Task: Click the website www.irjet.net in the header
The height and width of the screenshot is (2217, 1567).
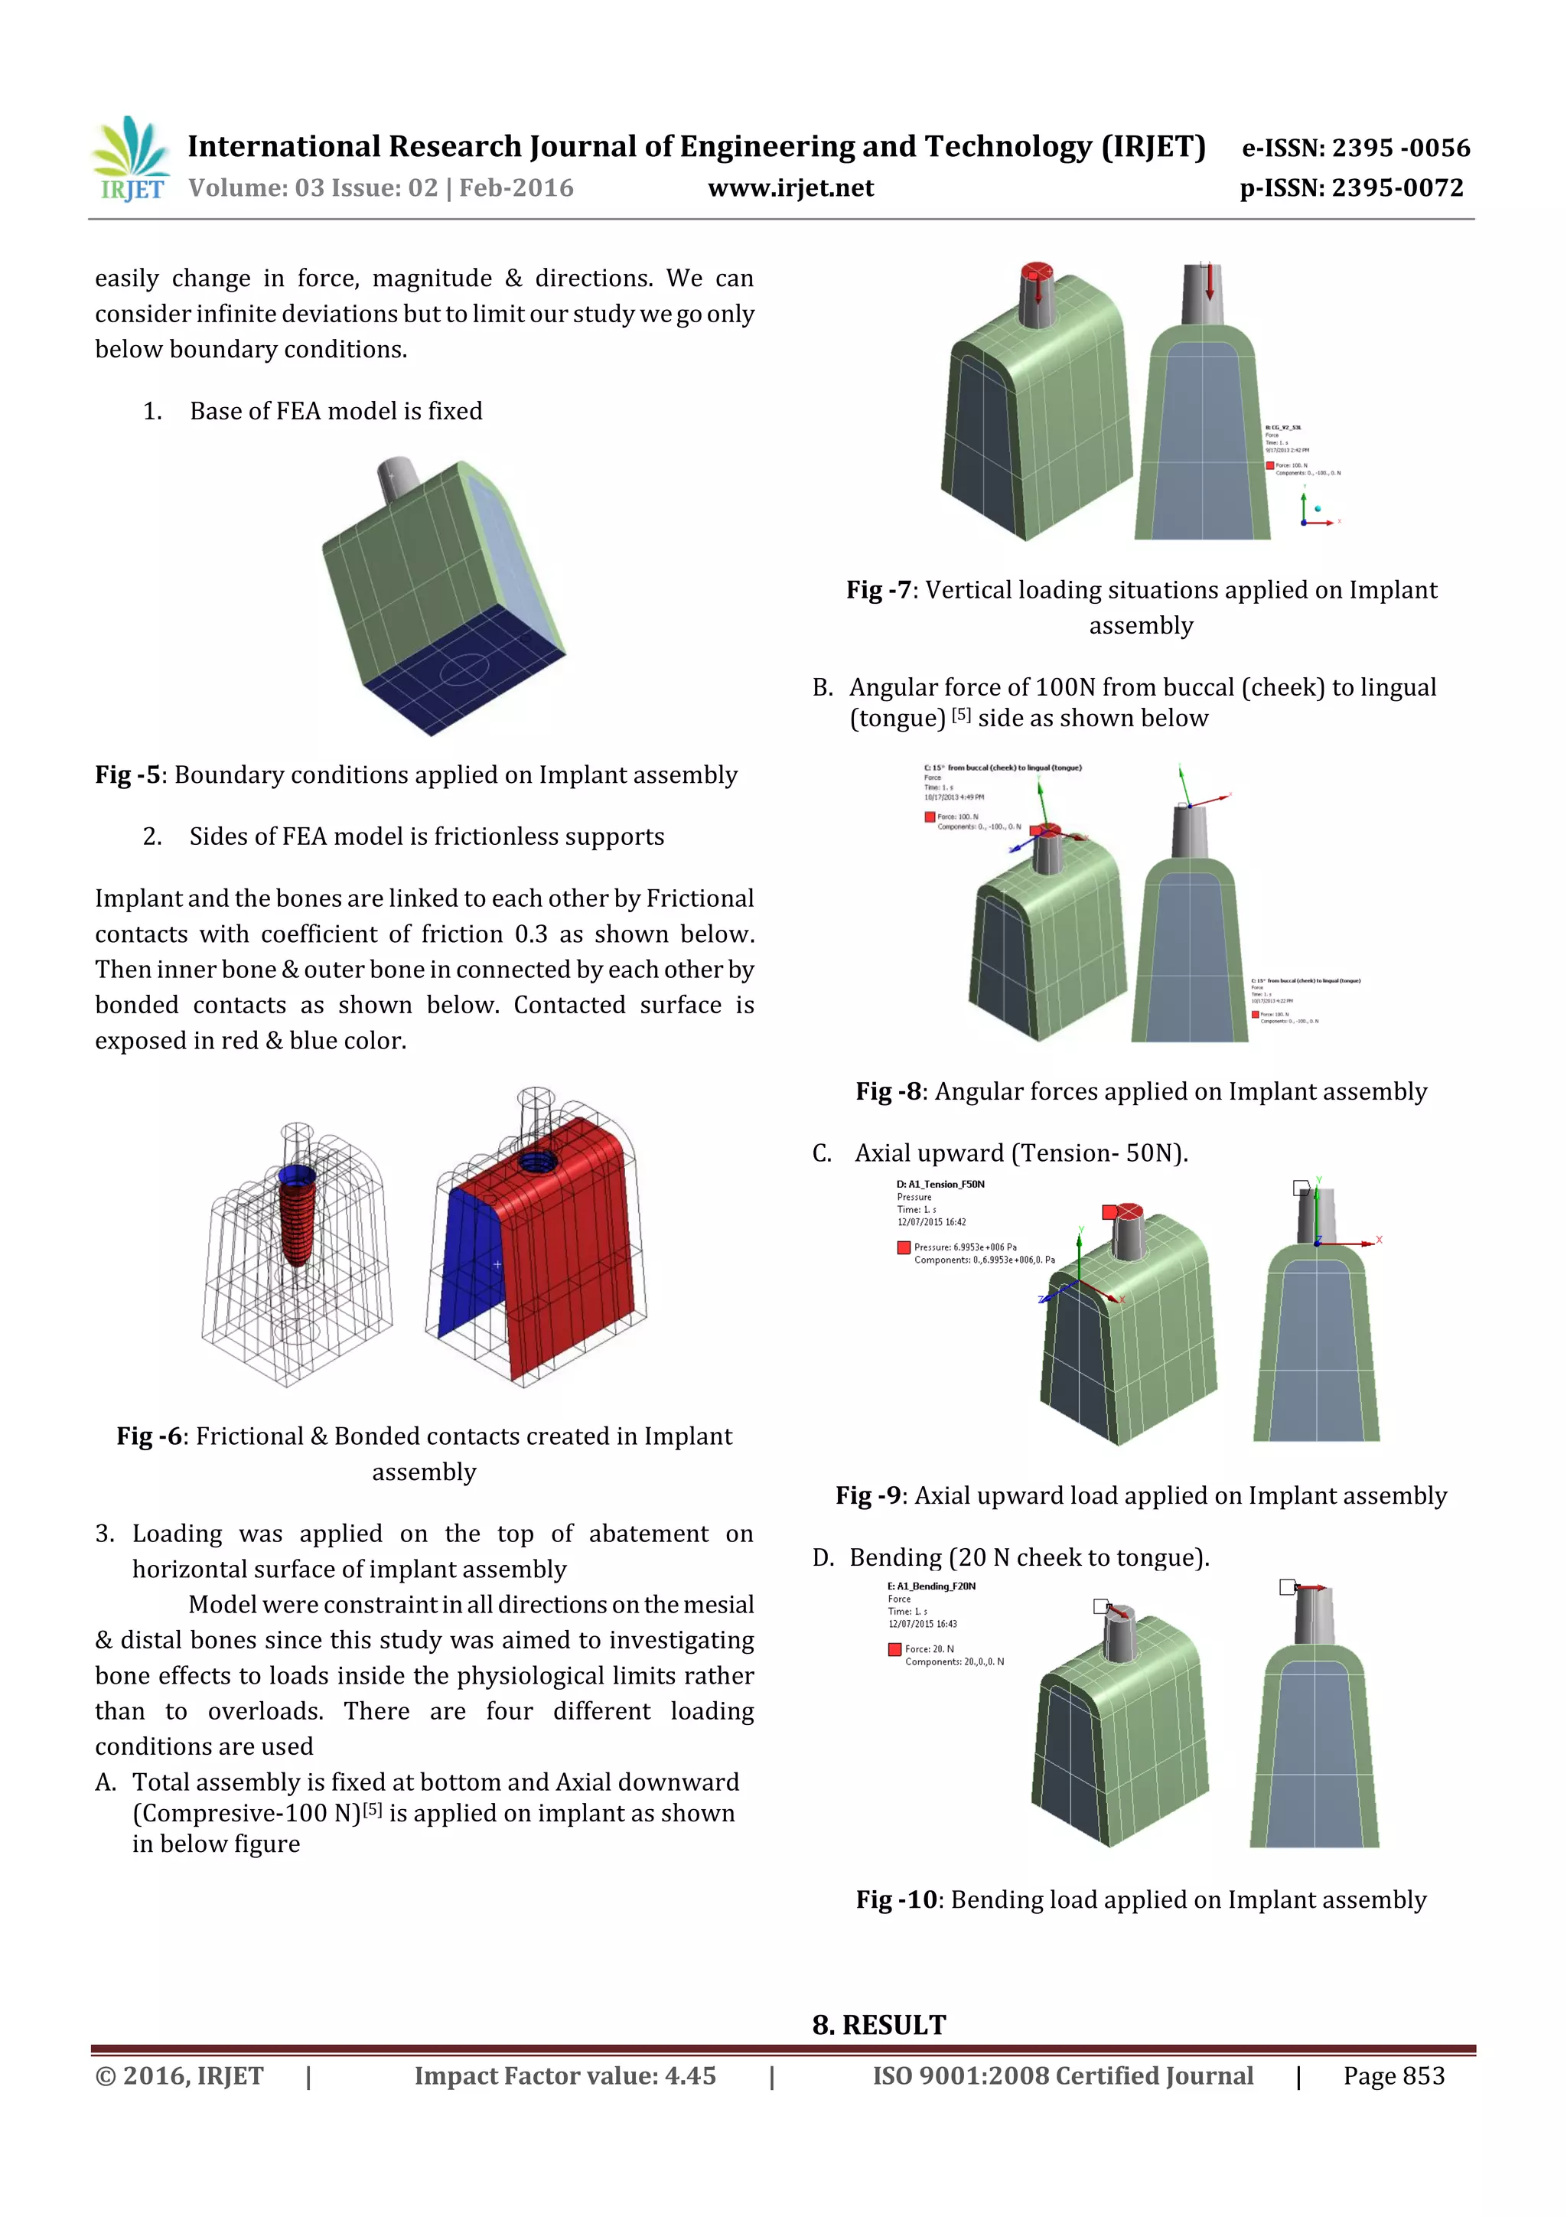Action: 790,188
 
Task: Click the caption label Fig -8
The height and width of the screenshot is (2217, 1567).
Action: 888,1092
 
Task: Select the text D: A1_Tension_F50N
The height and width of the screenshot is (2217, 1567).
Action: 940,1184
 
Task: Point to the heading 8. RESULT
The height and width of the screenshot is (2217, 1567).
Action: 878,2026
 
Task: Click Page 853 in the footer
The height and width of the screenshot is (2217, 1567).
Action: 1393,2077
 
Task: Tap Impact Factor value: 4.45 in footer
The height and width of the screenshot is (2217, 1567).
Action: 565,2077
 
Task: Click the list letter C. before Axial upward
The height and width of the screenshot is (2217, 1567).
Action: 822,1154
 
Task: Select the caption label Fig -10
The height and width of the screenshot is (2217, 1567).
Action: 895,1900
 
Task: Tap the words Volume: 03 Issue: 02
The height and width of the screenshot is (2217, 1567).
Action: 312,188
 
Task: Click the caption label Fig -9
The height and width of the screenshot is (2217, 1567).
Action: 867,1495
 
